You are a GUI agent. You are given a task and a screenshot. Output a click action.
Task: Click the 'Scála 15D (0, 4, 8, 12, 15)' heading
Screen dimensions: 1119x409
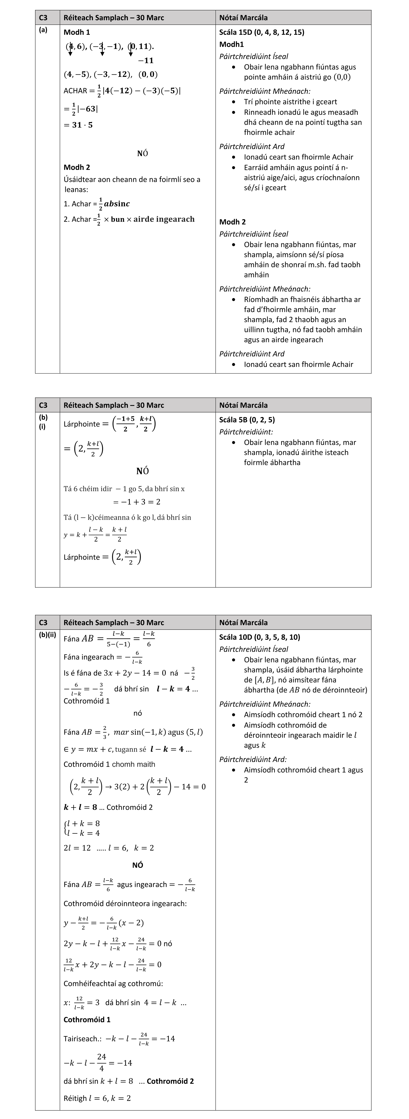[x=262, y=32]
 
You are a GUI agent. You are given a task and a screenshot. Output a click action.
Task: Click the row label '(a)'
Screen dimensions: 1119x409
[x=43, y=30]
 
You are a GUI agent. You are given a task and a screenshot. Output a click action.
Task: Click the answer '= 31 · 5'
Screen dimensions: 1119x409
[x=78, y=125]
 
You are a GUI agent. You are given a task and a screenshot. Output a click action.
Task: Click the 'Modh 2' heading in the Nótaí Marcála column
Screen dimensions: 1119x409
[x=233, y=222]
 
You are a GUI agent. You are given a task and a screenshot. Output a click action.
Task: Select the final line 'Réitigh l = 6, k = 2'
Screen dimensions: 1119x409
[x=97, y=1098]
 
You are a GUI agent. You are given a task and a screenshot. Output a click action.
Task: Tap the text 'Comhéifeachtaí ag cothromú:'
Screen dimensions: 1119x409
[x=113, y=983]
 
